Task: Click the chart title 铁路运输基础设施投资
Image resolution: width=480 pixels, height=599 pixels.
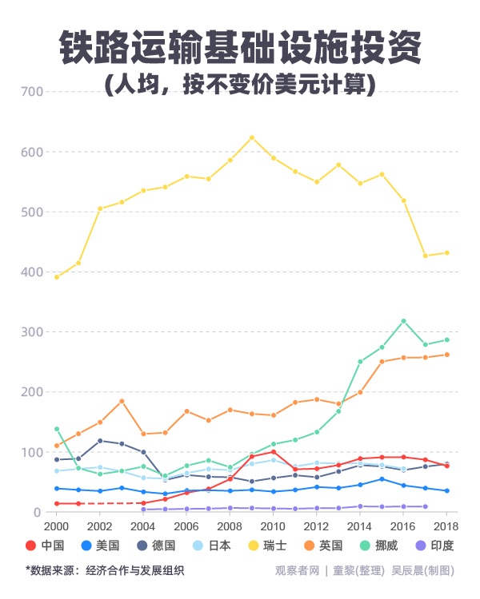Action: (x=240, y=50)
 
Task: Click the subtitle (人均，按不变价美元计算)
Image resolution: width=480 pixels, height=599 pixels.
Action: (x=240, y=84)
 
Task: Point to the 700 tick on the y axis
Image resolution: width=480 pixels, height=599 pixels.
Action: (x=31, y=92)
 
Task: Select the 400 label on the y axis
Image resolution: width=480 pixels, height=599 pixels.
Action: (x=31, y=272)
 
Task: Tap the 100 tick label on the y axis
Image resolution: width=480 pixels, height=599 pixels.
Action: (x=31, y=453)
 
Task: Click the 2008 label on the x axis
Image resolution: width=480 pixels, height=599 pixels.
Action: (x=230, y=527)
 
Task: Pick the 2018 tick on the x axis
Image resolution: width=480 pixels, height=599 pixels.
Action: (x=446, y=527)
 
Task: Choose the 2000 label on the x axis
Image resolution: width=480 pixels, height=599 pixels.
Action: (x=56, y=527)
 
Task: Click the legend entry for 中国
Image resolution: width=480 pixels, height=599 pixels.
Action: (x=48, y=546)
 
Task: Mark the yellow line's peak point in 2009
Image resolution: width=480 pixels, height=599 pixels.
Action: (x=252, y=137)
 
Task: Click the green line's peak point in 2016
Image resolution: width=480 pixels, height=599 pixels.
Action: (x=403, y=321)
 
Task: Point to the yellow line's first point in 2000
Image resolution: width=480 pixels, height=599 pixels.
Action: (x=56, y=277)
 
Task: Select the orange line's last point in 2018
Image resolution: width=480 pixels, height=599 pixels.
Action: (x=446, y=355)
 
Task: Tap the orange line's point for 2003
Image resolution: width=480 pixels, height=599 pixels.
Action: (x=122, y=401)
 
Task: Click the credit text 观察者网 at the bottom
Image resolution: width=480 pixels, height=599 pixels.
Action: (x=298, y=570)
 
